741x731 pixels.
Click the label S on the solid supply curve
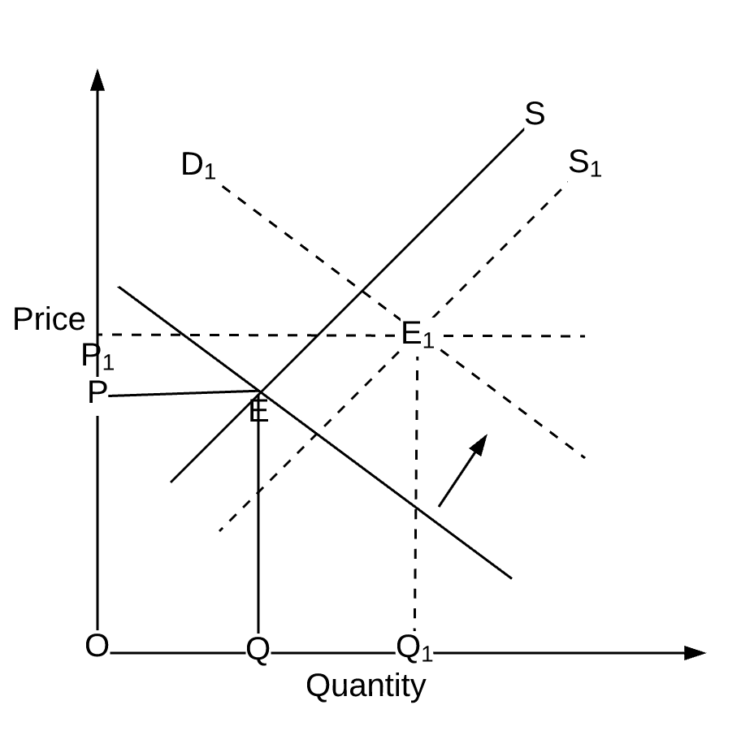pyautogui.click(x=534, y=115)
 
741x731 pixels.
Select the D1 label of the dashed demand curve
pyautogui.click(x=197, y=165)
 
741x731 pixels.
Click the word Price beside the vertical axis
pyautogui.click(x=49, y=320)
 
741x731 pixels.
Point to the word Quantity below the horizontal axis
pyautogui.click(x=366, y=686)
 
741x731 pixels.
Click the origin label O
pyautogui.click(x=97, y=647)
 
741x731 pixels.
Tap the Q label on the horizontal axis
pyautogui.click(x=258, y=650)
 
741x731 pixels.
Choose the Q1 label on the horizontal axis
pyautogui.click(x=414, y=648)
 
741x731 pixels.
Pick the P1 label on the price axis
pyautogui.click(x=97, y=356)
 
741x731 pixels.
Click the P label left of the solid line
pyautogui.click(x=97, y=394)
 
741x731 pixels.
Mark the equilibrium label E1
pyautogui.click(x=418, y=334)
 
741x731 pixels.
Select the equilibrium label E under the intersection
pyautogui.click(x=258, y=413)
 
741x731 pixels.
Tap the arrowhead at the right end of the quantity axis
pyautogui.click(x=695, y=652)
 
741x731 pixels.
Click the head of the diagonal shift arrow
pyautogui.click(x=480, y=442)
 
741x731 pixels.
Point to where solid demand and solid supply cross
pyautogui.click(x=259, y=391)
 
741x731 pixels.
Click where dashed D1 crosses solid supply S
pyautogui.click(x=362, y=290)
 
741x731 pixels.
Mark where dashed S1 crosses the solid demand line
pyautogui.click(x=315, y=437)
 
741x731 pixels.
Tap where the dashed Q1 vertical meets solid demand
pyautogui.click(x=416, y=507)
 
